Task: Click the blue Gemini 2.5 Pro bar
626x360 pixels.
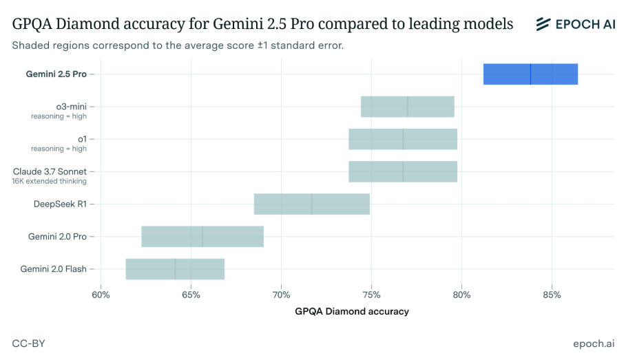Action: coord(530,74)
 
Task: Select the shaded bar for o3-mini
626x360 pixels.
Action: coord(407,107)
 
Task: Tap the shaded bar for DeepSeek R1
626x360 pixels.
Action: coord(311,204)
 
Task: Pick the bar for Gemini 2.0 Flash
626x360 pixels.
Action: coord(175,268)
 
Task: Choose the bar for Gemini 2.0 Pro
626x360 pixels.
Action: coord(202,236)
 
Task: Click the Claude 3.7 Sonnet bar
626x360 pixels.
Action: coord(403,171)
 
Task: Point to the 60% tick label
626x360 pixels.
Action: coord(101,295)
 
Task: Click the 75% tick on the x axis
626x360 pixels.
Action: coord(371,295)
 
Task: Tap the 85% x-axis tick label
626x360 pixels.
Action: coord(552,295)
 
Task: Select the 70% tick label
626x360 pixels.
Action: coord(281,295)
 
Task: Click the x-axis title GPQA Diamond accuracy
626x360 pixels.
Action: coord(351,311)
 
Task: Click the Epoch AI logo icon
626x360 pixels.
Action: coord(543,24)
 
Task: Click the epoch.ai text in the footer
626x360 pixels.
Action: coord(593,343)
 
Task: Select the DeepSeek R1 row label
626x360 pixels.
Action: coord(60,204)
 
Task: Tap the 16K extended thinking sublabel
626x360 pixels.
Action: coord(49,181)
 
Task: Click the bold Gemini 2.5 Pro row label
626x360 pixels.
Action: coord(56,74)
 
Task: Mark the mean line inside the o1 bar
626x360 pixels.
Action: coord(403,139)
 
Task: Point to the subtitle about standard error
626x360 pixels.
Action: coord(178,45)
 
